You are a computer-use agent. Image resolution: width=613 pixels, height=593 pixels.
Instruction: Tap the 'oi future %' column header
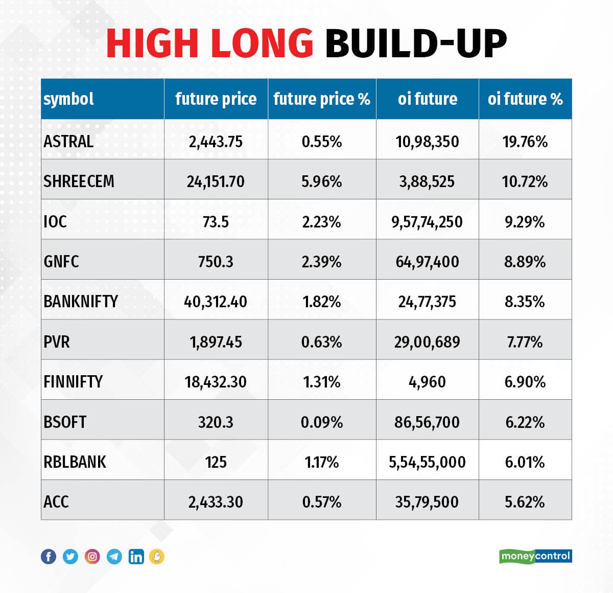click(525, 99)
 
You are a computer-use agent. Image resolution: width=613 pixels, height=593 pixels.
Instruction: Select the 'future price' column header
click(216, 99)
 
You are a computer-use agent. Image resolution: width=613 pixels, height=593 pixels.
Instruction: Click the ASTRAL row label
click(68, 141)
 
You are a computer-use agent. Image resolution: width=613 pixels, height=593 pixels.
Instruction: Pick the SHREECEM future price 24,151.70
click(216, 181)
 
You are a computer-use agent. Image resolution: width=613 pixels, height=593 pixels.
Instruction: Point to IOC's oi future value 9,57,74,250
click(427, 222)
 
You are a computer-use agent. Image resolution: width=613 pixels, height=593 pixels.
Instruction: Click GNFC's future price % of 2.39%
click(321, 262)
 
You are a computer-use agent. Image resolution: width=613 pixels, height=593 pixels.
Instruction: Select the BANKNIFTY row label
click(81, 302)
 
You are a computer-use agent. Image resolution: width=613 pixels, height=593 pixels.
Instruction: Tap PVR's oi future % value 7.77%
click(525, 341)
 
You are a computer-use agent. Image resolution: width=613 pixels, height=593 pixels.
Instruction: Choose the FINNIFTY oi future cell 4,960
click(427, 382)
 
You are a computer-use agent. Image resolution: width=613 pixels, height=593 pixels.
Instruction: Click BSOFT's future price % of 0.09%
click(321, 422)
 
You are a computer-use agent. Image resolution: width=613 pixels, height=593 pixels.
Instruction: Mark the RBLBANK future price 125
click(216, 462)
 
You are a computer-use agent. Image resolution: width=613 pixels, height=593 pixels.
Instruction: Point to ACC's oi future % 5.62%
click(525, 502)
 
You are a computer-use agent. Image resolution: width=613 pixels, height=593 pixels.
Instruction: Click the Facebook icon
click(49, 556)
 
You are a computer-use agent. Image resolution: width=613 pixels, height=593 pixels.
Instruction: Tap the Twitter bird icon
click(70, 556)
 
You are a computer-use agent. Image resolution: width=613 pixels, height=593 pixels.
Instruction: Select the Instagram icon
click(92, 556)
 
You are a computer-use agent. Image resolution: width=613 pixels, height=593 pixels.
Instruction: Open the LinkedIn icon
click(136, 556)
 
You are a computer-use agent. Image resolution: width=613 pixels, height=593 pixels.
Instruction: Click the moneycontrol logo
click(535, 556)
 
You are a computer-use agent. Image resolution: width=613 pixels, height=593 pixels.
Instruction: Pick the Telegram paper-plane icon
click(114, 556)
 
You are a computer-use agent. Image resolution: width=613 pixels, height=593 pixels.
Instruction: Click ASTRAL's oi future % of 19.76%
click(525, 141)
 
